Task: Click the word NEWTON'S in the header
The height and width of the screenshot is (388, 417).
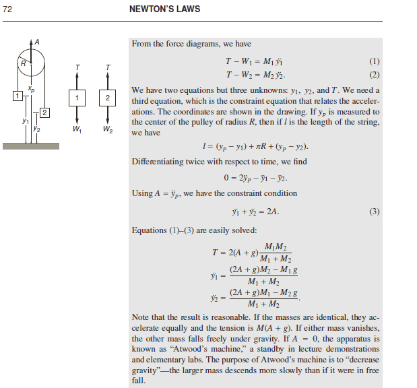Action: [148, 10]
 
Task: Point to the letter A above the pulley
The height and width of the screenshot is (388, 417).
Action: [37, 42]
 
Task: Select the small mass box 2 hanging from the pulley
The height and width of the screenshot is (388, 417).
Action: [44, 111]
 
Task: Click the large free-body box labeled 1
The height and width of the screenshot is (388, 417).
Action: [78, 98]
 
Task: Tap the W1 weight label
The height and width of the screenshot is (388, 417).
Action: [78, 129]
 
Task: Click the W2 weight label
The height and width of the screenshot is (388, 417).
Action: [107, 129]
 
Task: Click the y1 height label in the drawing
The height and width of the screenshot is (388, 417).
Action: [25, 121]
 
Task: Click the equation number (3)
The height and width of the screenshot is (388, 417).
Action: [375, 211]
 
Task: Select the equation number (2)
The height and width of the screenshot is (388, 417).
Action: [375, 74]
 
